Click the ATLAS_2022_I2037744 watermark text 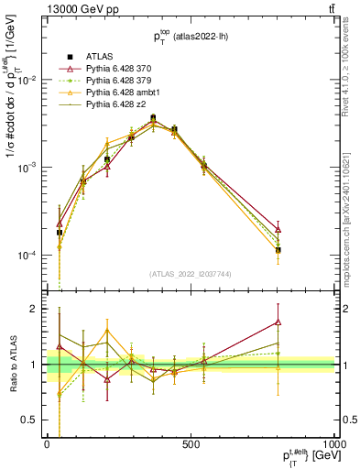click(x=189, y=274)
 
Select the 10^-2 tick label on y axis click(x=27, y=81)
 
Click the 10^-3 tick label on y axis click(x=27, y=168)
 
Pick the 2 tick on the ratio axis click(x=36, y=309)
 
